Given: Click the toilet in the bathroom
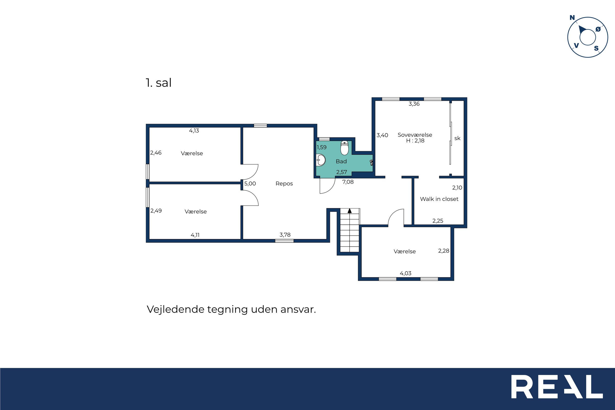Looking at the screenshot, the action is coord(344,148).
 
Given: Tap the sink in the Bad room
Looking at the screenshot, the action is coord(321,160).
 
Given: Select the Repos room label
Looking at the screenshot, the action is coord(284,184).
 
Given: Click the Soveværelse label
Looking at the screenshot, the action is coord(415,135).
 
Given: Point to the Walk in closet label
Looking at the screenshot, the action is coord(439,199).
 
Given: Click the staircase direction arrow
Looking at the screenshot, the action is coord(350,211).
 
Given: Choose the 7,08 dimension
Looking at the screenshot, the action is coord(348,182).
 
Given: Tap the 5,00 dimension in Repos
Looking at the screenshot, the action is coord(250,184).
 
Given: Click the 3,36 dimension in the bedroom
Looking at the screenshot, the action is coord(414,104).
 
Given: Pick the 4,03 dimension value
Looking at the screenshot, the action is coord(405,273).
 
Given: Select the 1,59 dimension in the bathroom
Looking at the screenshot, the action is coord(321,147).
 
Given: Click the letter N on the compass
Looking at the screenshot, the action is coord(572,18).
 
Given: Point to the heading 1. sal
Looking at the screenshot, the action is coord(158,83).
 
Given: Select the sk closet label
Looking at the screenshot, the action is coord(457,138).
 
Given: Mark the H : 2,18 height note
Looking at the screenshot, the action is coord(415,141).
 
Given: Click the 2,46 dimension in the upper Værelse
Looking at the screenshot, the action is coord(156,153).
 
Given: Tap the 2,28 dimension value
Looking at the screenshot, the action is coord(444,251).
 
